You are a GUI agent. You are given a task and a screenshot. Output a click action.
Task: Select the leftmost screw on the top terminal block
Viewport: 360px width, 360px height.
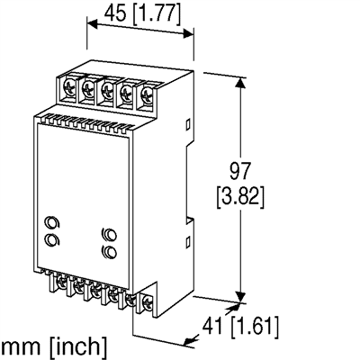(70, 88)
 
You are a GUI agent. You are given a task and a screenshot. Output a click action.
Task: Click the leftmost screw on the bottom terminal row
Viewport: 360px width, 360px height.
(61, 285)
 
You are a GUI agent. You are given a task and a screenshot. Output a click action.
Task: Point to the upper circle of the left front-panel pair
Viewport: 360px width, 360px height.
(51, 221)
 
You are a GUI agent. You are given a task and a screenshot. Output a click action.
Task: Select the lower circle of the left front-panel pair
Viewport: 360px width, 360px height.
(51, 238)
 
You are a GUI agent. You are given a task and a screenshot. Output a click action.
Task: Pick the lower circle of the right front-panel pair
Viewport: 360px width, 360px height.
(110, 253)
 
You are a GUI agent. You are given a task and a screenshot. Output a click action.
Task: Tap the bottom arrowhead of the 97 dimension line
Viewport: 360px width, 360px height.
(238, 298)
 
